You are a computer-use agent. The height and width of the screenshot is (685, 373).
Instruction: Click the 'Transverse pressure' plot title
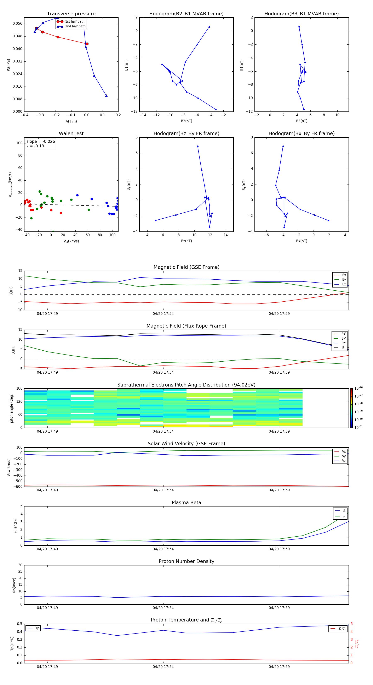coord(71,14)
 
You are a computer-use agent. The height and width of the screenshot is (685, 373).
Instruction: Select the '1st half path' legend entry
coord(75,22)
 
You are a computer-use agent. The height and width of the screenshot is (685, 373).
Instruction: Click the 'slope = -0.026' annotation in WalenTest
coord(41,142)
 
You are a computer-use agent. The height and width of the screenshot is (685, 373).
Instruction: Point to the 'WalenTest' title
coord(71,133)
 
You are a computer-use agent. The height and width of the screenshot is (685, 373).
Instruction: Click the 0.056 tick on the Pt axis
coord(18,24)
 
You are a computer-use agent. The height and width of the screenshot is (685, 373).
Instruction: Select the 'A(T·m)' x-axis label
coord(71,121)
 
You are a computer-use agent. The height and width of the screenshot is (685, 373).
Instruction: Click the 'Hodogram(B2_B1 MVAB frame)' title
coord(186,14)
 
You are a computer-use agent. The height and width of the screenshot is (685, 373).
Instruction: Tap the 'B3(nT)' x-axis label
coord(302,121)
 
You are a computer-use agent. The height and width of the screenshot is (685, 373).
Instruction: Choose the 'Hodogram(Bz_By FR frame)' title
coord(186,133)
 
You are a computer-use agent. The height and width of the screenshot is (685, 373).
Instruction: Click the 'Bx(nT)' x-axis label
coord(302,241)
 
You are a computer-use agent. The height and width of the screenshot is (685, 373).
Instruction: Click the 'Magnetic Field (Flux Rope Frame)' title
coord(186,326)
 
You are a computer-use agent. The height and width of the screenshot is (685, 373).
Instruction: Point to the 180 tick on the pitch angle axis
coord(19,389)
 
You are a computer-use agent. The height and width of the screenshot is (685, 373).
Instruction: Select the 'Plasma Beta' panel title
coord(186,503)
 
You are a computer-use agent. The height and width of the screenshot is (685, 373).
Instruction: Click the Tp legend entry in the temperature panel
coord(37,628)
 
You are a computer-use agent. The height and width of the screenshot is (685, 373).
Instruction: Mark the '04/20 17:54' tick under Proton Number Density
coord(163,608)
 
